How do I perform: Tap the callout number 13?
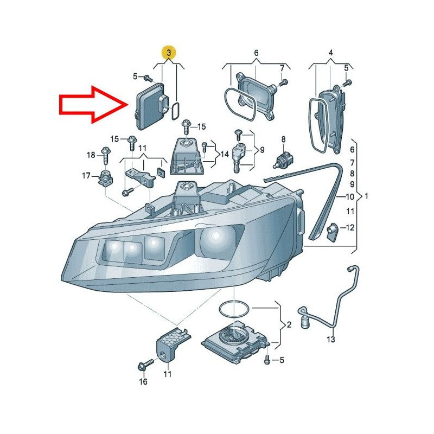click(331, 339)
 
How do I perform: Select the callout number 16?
click(143, 382)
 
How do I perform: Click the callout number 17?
click(86, 175)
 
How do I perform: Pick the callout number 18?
click(91, 155)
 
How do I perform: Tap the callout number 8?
click(283, 139)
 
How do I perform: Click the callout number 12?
click(350, 227)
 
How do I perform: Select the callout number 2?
click(289, 324)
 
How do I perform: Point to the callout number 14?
click(225, 154)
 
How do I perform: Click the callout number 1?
click(367, 196)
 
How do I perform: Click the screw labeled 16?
click(146, 364)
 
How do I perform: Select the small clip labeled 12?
click(332, 232)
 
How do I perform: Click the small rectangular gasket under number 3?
click(175, 111)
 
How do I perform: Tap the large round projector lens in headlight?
click(215, 239)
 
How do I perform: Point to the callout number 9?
click(262, 150)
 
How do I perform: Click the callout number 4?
click(331, 52)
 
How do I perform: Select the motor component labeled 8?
click(283, 160)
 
